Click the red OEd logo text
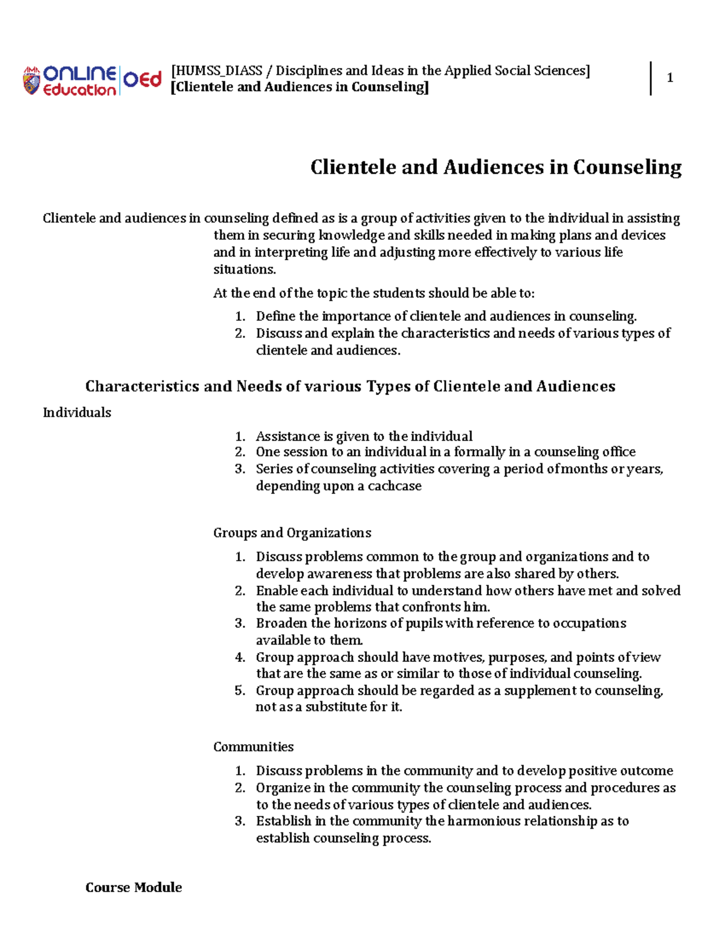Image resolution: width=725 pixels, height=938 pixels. click(143, 80)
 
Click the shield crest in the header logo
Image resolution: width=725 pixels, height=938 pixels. click(31, 81)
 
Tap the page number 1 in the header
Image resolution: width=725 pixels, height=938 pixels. click(669, 78)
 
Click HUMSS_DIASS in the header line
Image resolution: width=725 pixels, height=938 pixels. click(216, 71)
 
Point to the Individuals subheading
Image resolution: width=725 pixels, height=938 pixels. click(77, 413)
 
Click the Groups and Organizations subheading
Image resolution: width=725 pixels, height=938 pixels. click(292, 533)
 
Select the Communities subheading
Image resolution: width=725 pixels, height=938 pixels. click(253, 747)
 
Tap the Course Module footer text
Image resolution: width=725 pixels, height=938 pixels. click(134, 887)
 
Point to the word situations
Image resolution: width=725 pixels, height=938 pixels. click(244, 269)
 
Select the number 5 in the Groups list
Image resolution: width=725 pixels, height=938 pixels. click(240, 690)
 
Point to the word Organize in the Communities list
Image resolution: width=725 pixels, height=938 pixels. click(283, 788)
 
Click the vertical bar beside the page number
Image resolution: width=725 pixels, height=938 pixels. click(651, 78)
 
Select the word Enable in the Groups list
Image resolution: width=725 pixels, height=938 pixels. click(277, 590)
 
